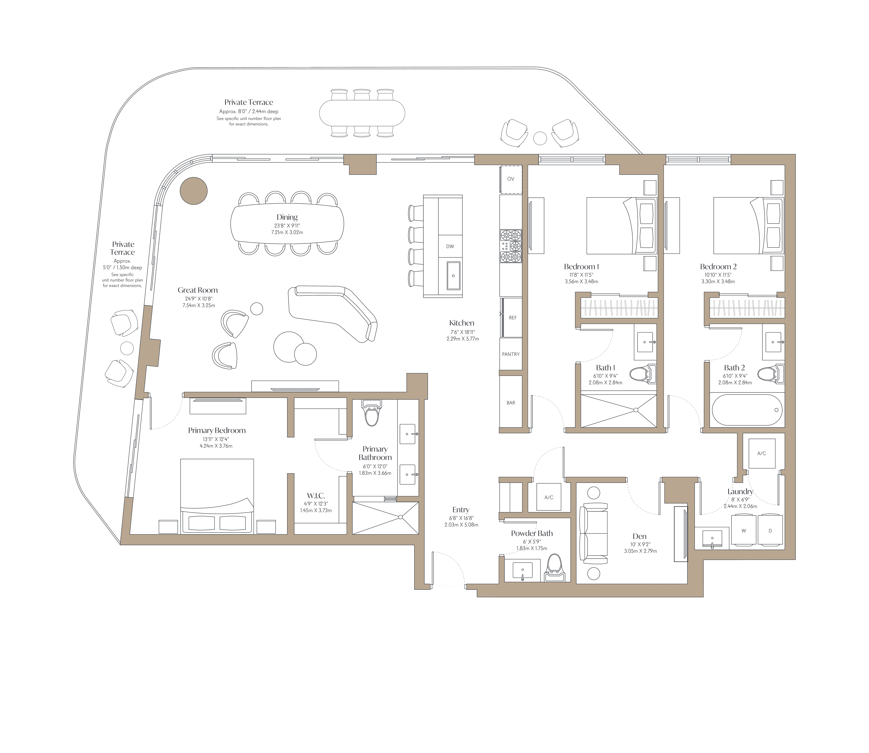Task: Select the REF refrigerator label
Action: point(513,318)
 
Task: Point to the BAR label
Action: point(511,403)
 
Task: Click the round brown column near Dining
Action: point(194,191)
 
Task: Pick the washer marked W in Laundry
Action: point(744,531)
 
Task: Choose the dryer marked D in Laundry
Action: point(770,531)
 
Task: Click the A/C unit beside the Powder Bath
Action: point(549,497)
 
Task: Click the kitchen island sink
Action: point(453,276)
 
